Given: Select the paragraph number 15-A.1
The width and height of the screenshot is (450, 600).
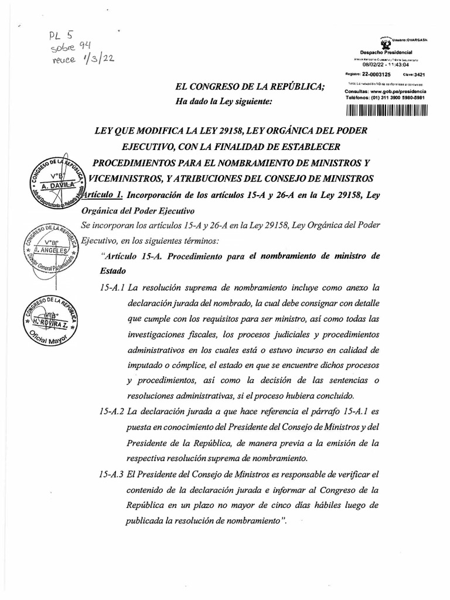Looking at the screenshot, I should tap(112, 287).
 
